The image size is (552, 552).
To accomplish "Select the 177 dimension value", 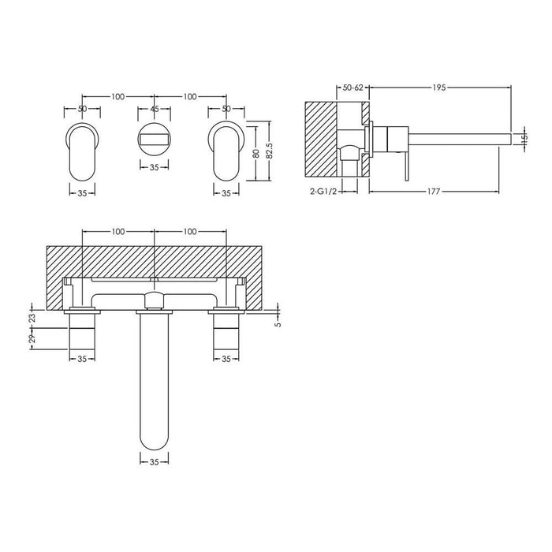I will click(429, 192).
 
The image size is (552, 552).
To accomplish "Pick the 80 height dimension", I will click(255, 154).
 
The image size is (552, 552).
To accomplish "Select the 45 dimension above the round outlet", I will click(155, 110).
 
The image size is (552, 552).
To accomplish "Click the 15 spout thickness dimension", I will click(524, 140).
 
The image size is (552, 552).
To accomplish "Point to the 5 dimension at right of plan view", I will click(278, 322).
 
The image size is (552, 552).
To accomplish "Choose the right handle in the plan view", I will click(226, 331).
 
